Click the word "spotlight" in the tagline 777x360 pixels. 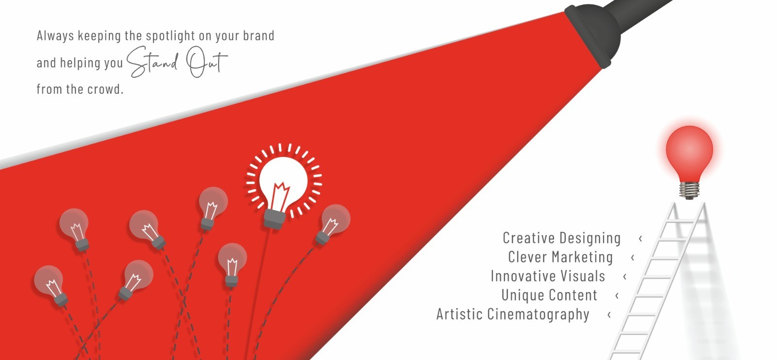170,36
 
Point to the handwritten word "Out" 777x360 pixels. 207,61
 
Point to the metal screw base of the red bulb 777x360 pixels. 689,190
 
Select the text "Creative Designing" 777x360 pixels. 561,238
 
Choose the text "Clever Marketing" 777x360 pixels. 560,257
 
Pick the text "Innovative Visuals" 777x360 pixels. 548,276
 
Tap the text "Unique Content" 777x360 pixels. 549,295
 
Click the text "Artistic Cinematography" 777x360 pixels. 513,314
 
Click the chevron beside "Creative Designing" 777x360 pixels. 641,239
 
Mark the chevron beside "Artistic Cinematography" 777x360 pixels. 609,314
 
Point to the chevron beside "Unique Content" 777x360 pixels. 617,295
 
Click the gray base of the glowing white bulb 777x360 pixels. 274,219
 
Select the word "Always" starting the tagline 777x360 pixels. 55,36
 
